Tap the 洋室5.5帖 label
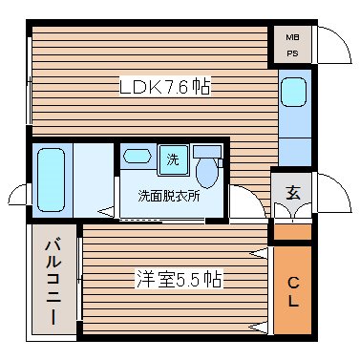(x=179, y=280)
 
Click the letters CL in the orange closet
(x=293, y=289)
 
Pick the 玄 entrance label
(x=293, y=189)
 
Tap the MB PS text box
(x=293, y=45)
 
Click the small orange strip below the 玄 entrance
(x=293, y=232)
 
